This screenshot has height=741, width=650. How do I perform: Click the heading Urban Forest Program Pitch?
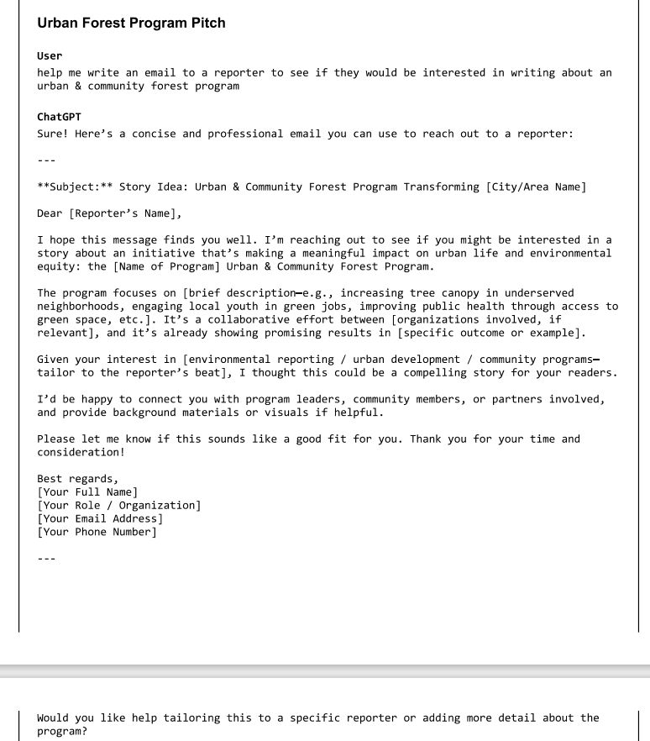(131, 23)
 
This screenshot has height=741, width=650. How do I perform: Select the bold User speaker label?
(50, 55)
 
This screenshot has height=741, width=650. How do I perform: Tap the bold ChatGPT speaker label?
(59, 117)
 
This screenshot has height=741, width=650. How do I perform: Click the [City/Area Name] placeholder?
(536, 187)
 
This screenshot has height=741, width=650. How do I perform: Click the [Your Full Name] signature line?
(87, 492)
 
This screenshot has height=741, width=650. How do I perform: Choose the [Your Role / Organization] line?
(118, 506)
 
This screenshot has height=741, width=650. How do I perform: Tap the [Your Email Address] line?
(100, 518)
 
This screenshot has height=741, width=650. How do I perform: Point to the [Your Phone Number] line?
(97, 532)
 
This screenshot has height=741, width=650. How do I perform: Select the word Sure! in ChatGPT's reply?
(53, 134)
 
